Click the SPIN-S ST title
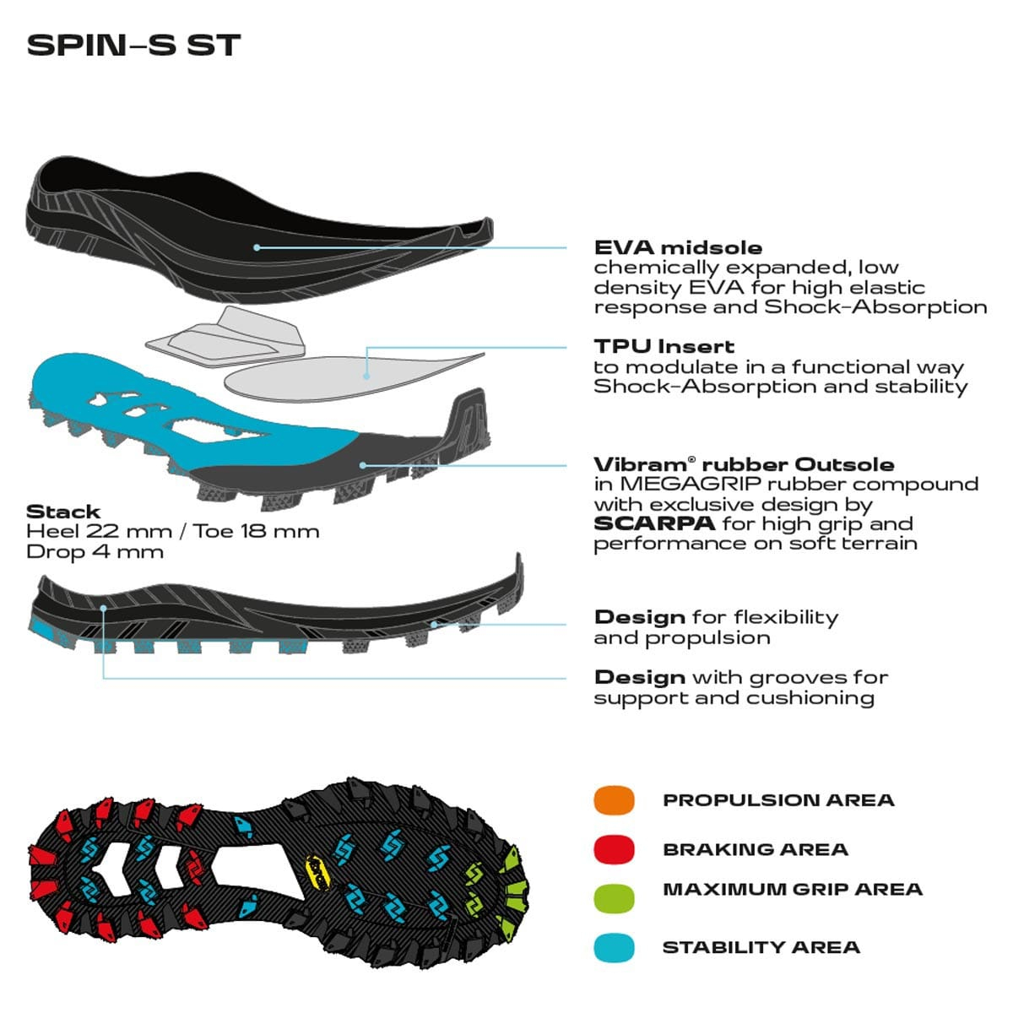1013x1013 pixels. click(133, 46)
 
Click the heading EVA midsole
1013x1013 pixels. click(678, 247)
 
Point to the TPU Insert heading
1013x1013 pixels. click(664, 346)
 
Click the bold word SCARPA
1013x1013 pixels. click(654, 523)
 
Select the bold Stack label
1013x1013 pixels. click(63, 512)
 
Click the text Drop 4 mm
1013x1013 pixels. click(95, 551)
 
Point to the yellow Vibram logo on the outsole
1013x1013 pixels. click(318, 873)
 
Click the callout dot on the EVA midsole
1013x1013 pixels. click(257, 247)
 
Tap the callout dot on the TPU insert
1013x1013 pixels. click(366, 376)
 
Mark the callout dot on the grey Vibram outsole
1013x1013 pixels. click(363, 465)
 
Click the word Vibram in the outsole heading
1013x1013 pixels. click(640, 464)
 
